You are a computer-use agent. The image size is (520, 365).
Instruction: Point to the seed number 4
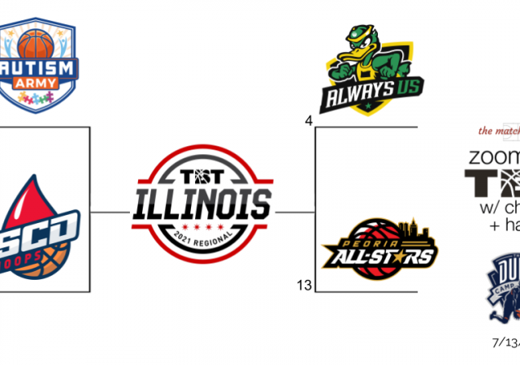point(309,122)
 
